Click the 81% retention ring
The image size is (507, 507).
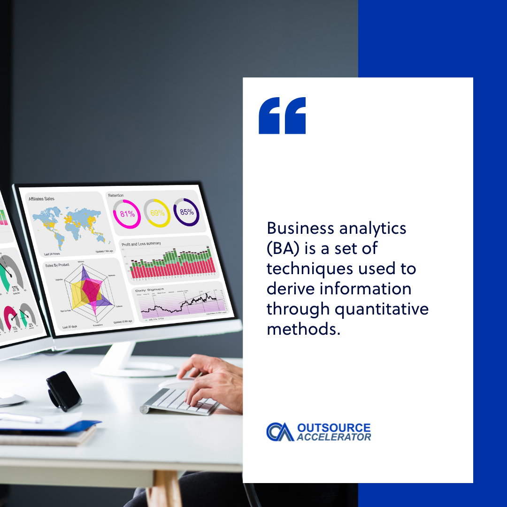pos(127,214)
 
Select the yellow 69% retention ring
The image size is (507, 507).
pos(157,213)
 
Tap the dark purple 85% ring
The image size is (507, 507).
pos(186,212)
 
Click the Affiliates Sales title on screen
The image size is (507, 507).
pos(41,199)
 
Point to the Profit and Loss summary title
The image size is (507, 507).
pos(141,244)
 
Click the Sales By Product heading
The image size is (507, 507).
pos(57,265)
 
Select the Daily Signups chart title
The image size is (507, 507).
pos(147,291)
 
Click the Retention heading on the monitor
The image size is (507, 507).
pos(116,195)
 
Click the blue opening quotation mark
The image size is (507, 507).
pos(282,115)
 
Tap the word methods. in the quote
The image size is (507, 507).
pos(303,329)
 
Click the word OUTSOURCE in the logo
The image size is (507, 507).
pos(334,428)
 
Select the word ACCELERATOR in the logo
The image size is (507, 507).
pos(334,437)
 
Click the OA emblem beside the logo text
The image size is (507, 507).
pos(280,432)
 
